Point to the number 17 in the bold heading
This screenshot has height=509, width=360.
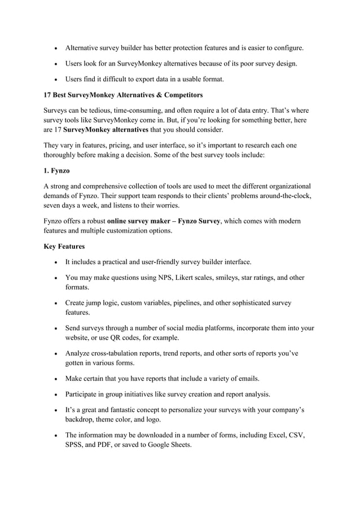click(48, 94)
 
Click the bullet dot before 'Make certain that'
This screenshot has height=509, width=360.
click(53, 378)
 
